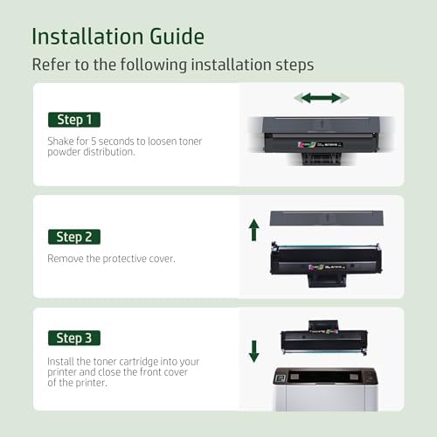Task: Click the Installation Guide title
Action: [118, 36]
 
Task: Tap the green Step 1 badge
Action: [73, 120]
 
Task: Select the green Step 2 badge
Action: [73, 237]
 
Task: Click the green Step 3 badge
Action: [73, 337]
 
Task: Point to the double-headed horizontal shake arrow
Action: [321, 98]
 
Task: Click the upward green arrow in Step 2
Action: [253, 230]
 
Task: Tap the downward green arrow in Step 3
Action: [253, 351]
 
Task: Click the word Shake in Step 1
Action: [60, 140]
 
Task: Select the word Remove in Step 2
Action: [65, 258]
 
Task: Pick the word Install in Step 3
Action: [61, 360]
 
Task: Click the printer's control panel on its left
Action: [281, 377]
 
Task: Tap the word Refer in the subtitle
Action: [49, 65]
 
